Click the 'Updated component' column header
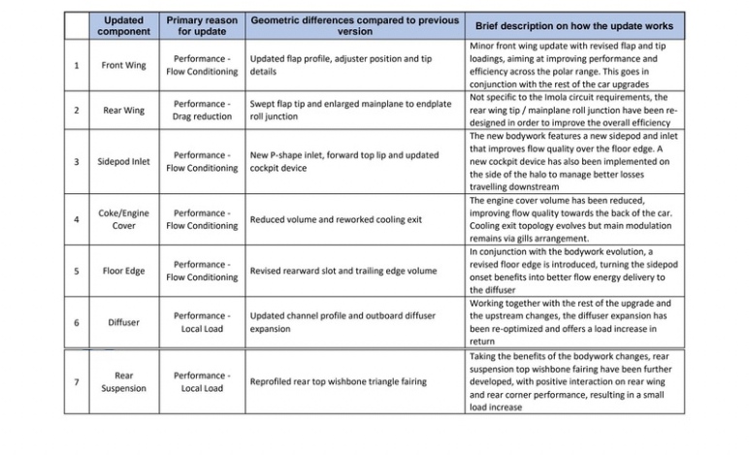click(123, 25)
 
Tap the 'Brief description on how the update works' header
click(576, 25)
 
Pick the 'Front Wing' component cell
click(123, 65)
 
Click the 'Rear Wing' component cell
click(123, 110)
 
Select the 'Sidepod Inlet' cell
click(123, 161)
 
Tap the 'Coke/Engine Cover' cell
click(123, 219)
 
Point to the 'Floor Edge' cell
click(123, 271)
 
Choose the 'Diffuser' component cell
click(123, 322)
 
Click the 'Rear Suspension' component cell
click(123, 381)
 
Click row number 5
click(77, 271)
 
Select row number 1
click(77, 65)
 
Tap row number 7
click(77, 381)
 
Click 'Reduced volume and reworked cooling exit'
click(336, 219)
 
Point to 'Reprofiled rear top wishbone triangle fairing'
click(338, 381)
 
